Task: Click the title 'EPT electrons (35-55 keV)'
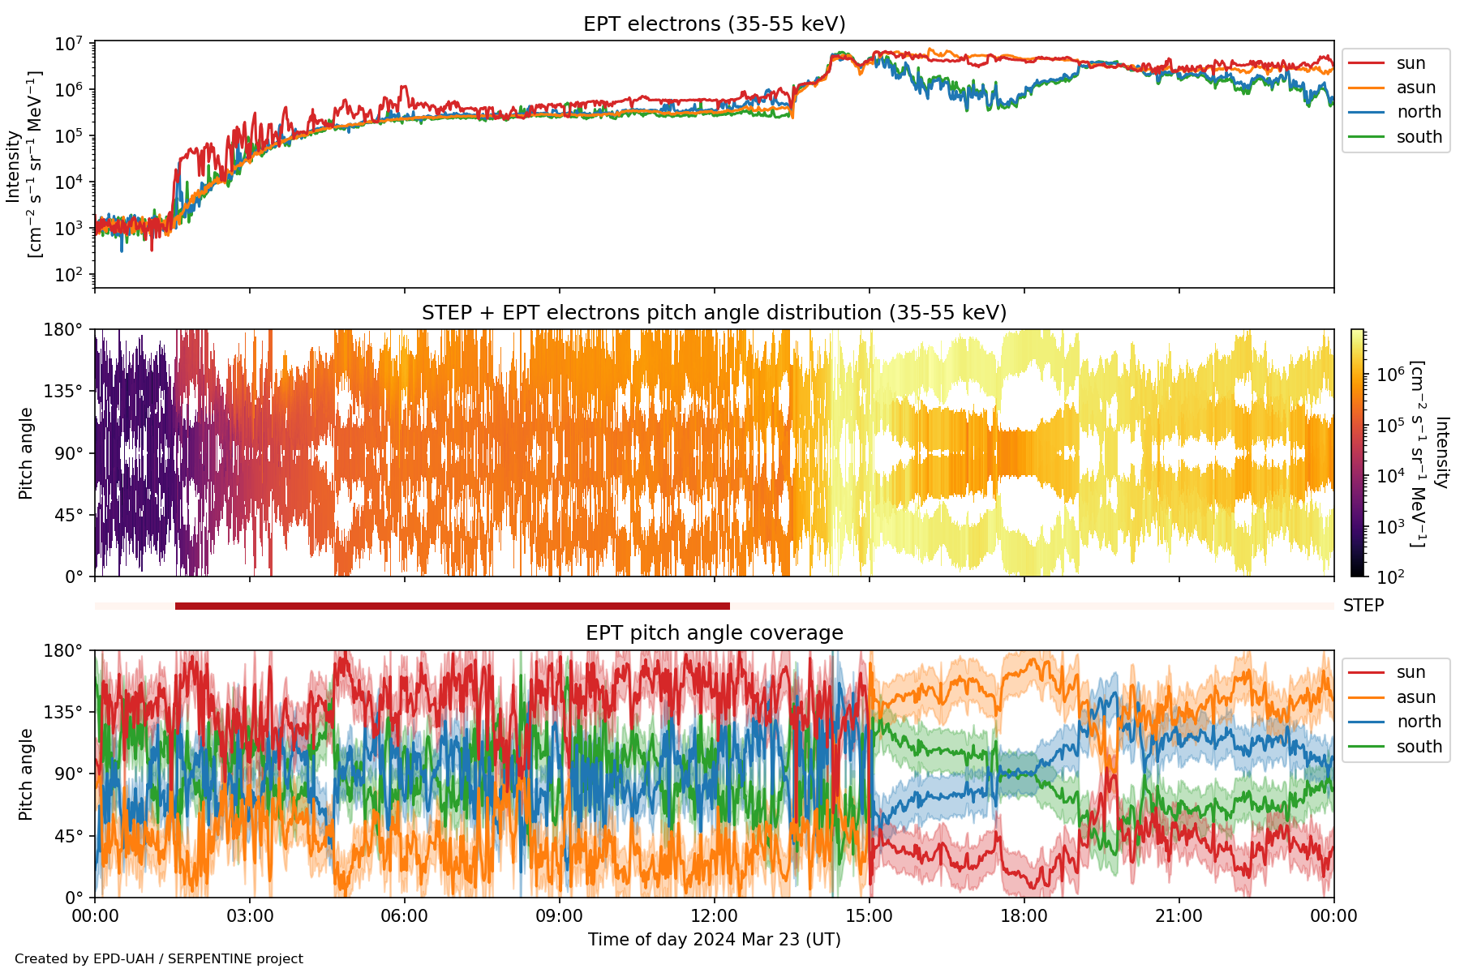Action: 714,24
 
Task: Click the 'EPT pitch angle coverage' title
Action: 714,633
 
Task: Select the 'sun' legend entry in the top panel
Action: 1411,63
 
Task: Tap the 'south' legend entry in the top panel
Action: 1419,137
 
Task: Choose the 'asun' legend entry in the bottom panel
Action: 1415,697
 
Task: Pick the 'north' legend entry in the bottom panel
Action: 1419,722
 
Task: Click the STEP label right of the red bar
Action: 1363,606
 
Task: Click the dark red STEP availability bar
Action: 452,606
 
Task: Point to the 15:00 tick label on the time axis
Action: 869,917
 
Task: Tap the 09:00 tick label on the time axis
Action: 559,917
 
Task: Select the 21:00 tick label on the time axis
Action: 1179,917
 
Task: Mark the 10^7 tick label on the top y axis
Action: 69,44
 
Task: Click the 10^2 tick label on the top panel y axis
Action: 69,275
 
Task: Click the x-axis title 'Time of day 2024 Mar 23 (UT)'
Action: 714,940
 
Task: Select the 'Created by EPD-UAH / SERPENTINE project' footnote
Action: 159,959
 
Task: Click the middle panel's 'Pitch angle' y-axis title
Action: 26,453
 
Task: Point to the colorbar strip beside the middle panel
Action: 1357,452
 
